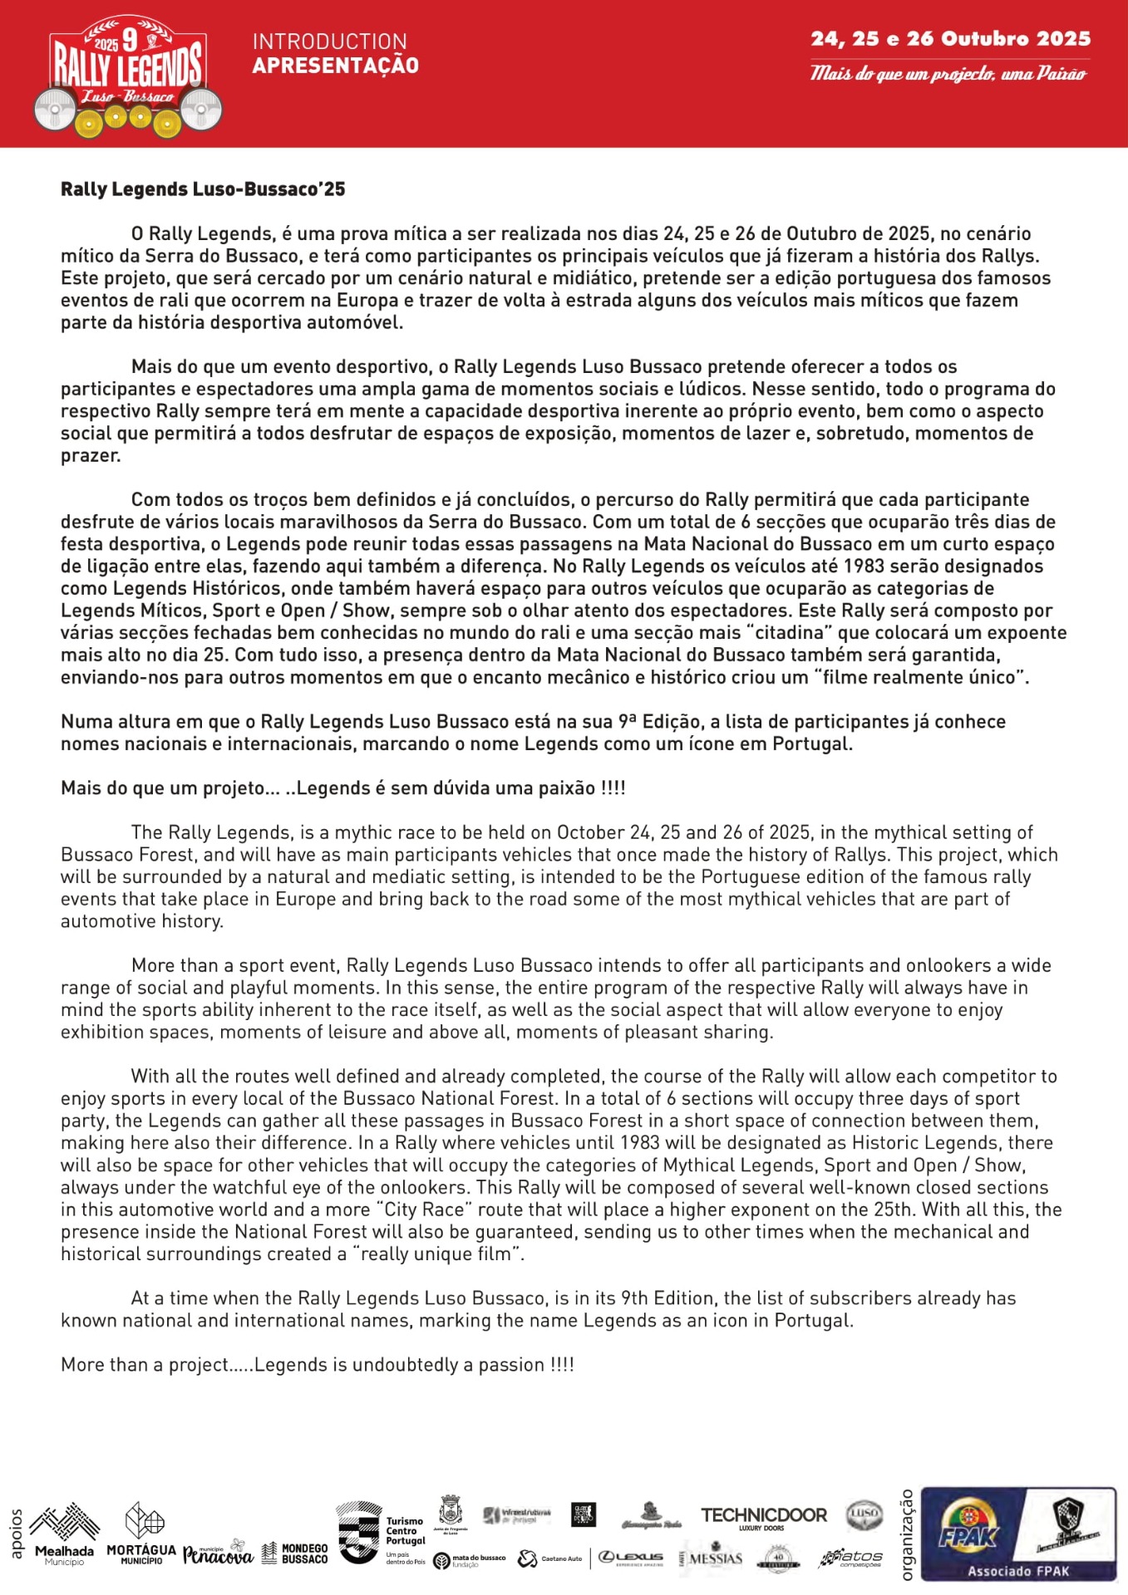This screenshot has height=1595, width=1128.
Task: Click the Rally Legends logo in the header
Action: [x=127, y=76]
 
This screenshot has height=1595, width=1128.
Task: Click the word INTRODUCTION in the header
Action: [x=330, y=42]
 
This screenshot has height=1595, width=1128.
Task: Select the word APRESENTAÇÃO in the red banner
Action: [x=336, y=66]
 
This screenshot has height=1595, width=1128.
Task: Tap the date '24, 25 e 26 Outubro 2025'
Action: [x=951, y=38]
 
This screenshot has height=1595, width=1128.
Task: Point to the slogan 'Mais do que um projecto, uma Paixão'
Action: [x=948, y=74]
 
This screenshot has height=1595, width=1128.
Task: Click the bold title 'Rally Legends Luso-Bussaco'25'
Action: [x=203, y=189]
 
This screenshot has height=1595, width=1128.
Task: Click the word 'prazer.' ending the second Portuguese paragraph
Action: [x=91, y=455]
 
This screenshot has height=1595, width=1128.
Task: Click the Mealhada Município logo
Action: [x=64, y=1534]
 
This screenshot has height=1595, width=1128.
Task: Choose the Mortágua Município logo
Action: [x=141, y=1534]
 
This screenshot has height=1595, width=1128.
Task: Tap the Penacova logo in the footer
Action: [x=218, y=1552]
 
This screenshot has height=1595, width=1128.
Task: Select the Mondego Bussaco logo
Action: [x=294, y=1553]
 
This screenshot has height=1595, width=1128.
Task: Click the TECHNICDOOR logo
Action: [x=763, y=1517]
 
